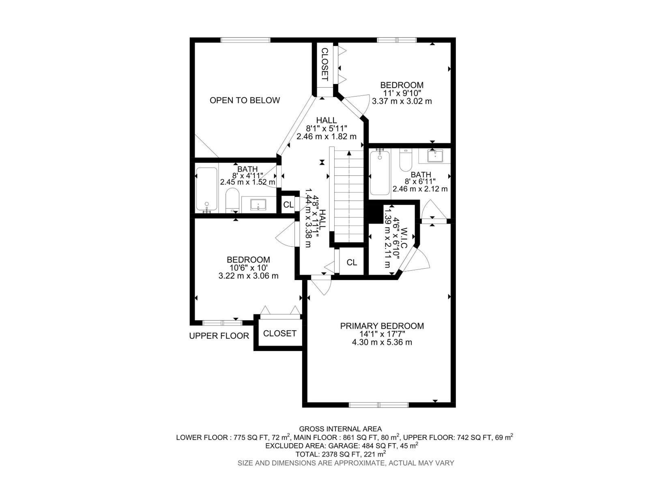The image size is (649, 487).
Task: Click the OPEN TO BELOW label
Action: pyautogui.click(x=245, y=100)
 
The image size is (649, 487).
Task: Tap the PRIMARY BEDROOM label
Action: pyautogui.click(x=382, y=326)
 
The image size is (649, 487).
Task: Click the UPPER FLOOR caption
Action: pyautogui.click(x=219, y=336)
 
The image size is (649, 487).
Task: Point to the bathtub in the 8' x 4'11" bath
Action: pyautogui.click(x=206, y=190)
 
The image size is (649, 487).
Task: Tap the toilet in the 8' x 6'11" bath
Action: pyautogui.click(x=406, y=161)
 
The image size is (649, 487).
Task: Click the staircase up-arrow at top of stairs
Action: pyautogui.click(x=348, y=153)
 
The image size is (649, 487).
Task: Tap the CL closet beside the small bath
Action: pyautogui.click(x=288, y=205)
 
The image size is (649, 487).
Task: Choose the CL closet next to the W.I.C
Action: pyautogui.click(x=352, y=263)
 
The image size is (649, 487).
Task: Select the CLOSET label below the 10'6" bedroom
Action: pyautogui.click(x=279, y=334)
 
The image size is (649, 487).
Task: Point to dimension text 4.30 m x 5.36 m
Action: pyautogui.click(x=382, y=342)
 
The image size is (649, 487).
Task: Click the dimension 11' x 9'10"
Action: pyautogui.click(x=402, y=93)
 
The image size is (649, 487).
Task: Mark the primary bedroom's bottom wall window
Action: pyautogui.click(x=378, y=405)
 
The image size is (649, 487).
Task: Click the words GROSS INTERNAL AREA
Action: pyautogui.click(x=340, y=429)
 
